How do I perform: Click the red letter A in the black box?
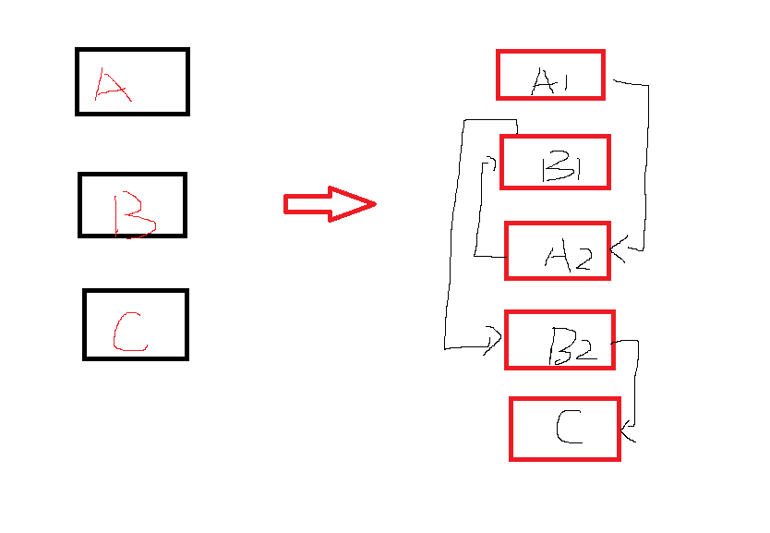pyautogui.click(x=112, y=87)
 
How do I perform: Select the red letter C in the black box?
pyautogui.click(x=129, y=333)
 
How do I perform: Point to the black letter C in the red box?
pyautogui.click(x=569, y=427)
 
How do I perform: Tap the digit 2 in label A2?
pyautogui.click(x=581, y=259)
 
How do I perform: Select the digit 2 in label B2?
pyautogui.click(x=584, y=347)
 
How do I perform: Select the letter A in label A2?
pyautogui.click(x=558, y=256)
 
